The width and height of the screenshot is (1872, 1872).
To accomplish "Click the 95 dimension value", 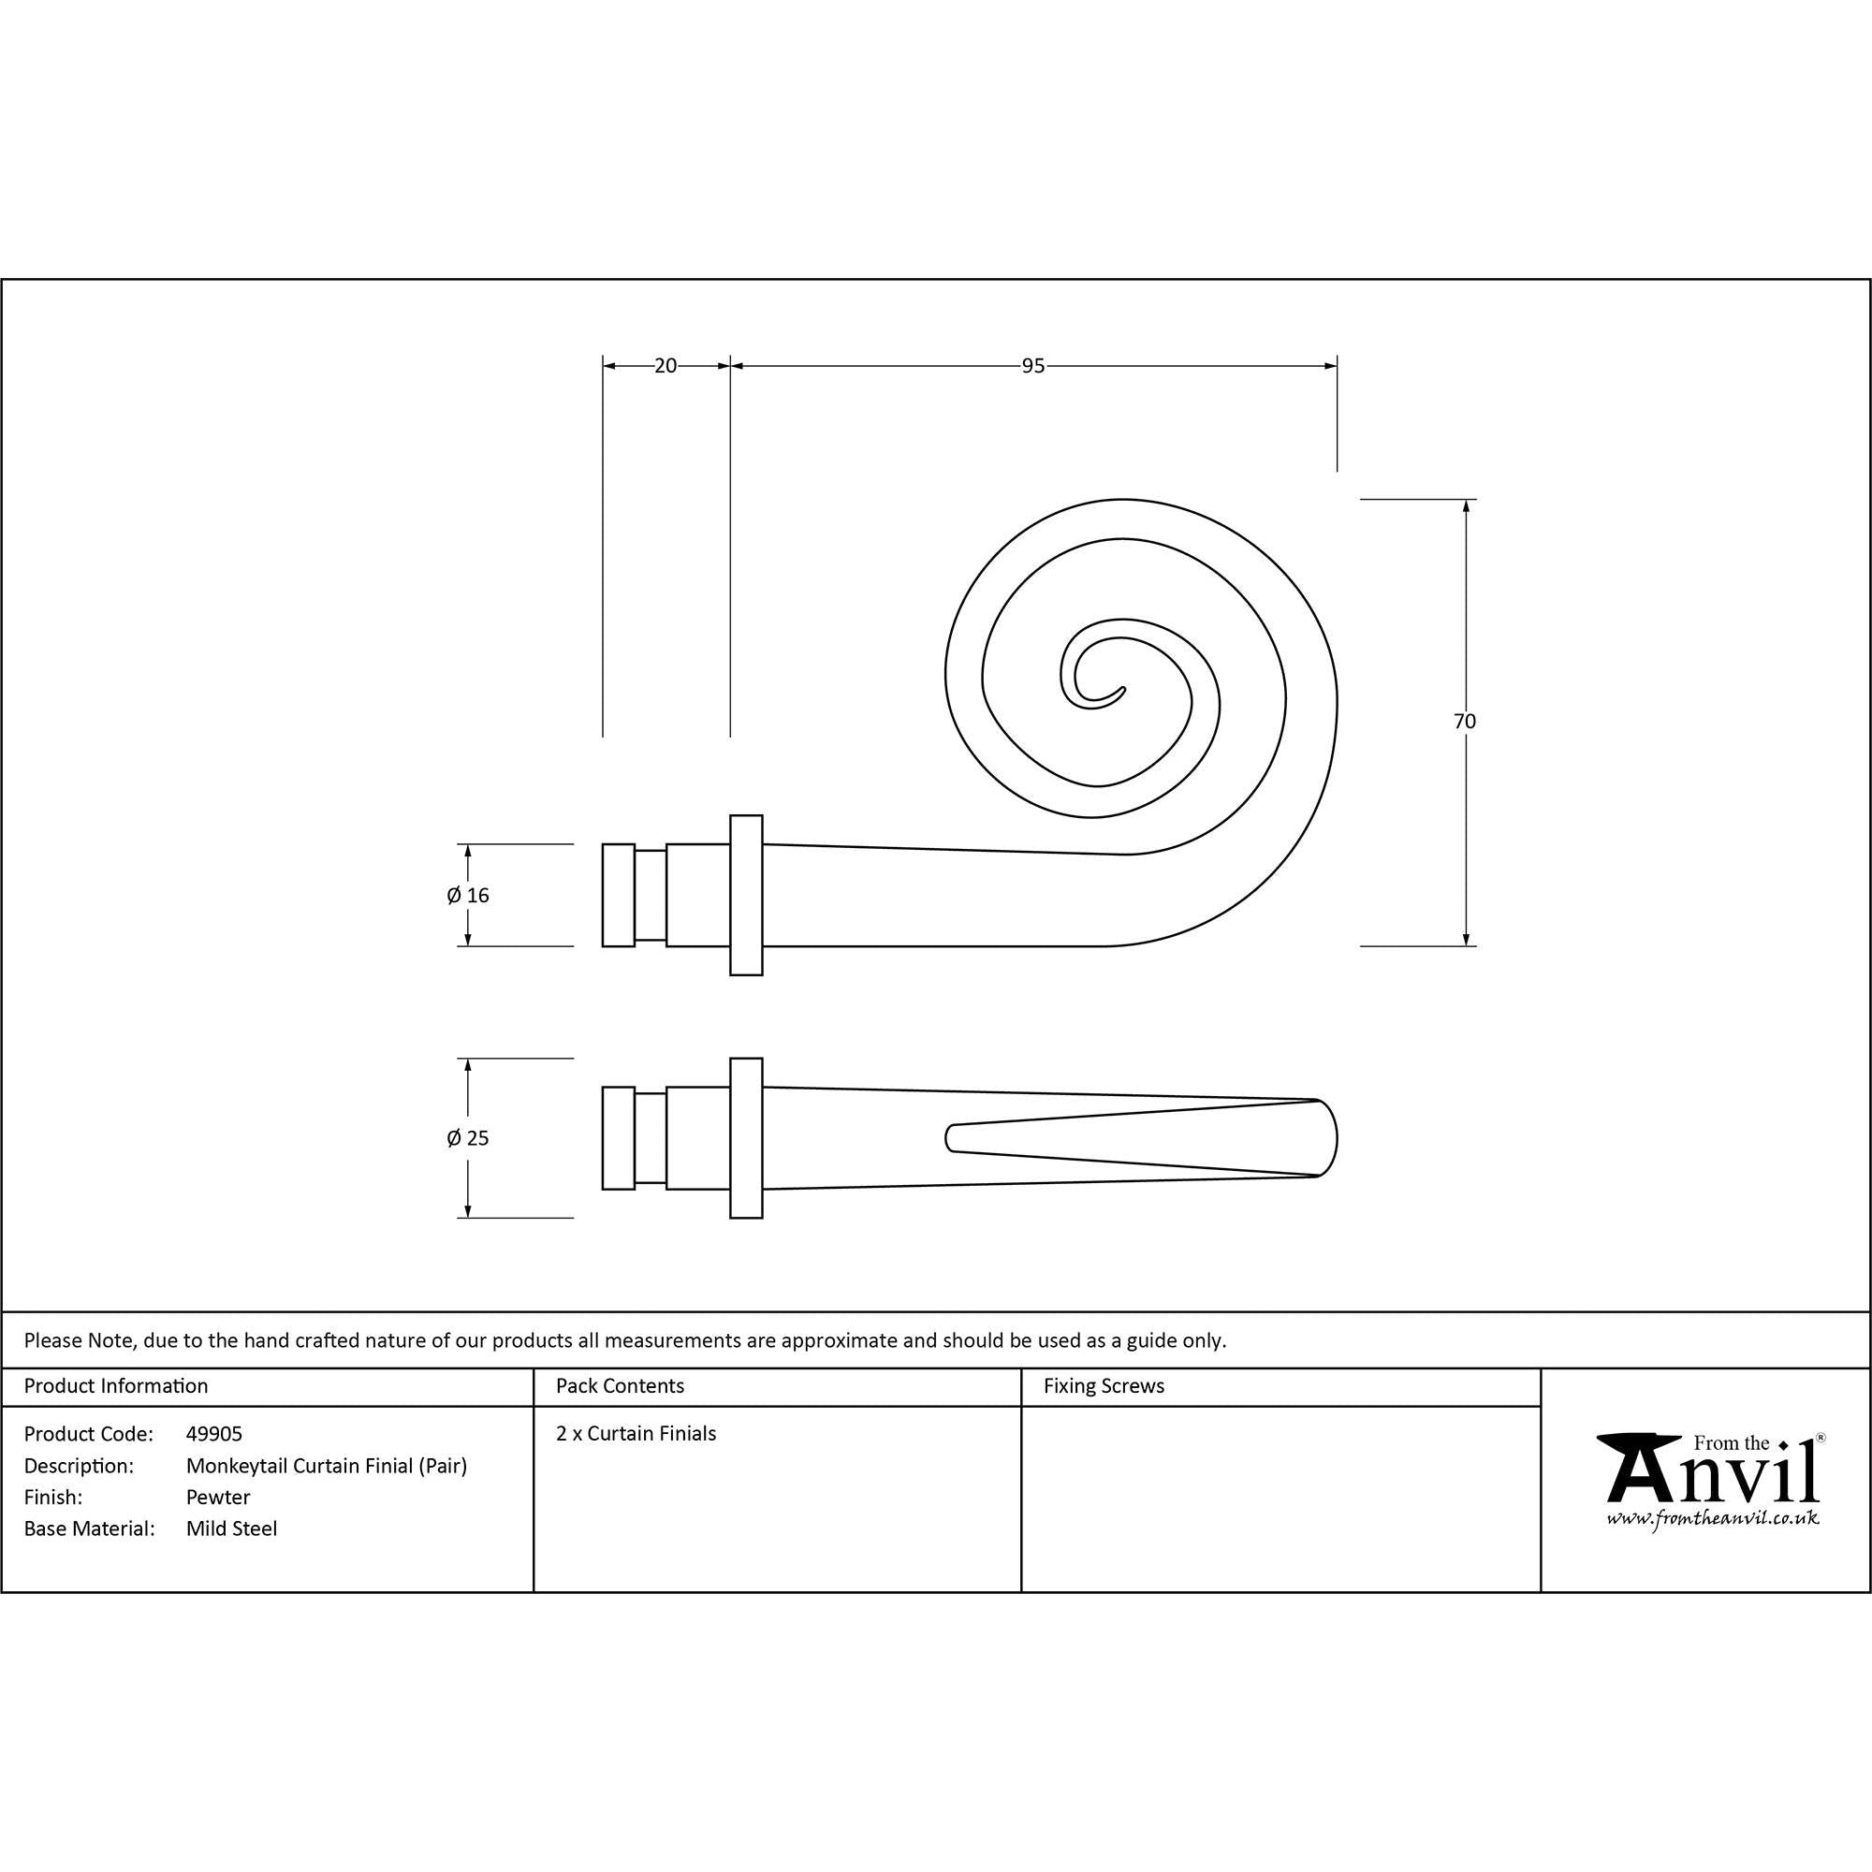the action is (x=1033, y=365).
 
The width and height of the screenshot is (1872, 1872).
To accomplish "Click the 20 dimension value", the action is (x=665, y=365).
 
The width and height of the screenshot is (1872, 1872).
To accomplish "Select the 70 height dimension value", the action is (x=1464, y=721).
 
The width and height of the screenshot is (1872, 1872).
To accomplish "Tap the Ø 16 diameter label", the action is (x=468, y=896).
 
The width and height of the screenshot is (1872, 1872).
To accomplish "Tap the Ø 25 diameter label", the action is (x=468, y=1137).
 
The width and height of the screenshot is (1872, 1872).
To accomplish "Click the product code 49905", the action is (x=214, y=1433).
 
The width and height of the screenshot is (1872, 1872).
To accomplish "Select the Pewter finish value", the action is (x=218, y=1497).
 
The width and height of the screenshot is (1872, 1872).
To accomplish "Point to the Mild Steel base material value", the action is (x=231, y=1528).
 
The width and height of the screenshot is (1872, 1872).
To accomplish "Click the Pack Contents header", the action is (x=621, y=1385).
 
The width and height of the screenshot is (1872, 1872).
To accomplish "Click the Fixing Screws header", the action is (x=1104, y=1385).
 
